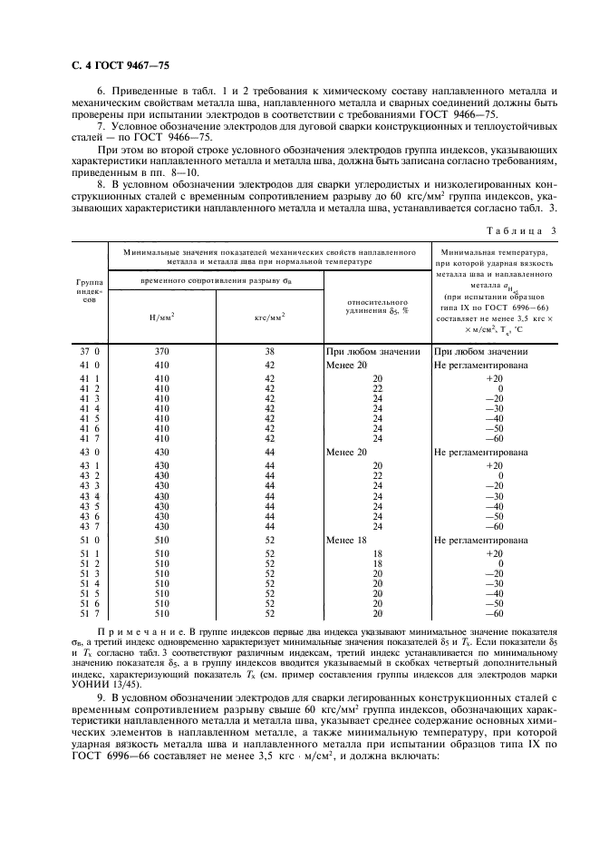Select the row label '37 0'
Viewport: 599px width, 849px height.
[x=89, y=351]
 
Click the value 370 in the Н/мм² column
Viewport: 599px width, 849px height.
[x=161, y=351]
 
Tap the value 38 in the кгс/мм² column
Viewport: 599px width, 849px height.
[x=269, y=351]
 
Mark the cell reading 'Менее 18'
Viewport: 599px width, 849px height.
[x=347, y=540]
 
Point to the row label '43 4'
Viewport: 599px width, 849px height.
[x=89, y=496]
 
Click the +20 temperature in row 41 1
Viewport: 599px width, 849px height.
[x=494, y=378]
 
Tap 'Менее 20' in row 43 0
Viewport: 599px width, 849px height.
[x=347, y=452]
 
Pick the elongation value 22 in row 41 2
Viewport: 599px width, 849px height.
[x=377, y=388]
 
